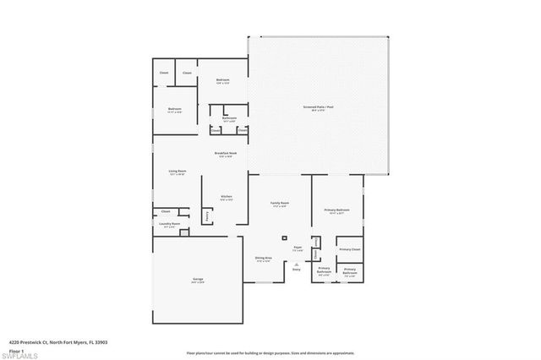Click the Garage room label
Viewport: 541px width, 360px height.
pos(197,280)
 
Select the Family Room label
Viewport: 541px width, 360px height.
pos(280,204)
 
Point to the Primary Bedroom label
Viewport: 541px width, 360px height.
pos(337,210)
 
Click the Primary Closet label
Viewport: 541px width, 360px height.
pos(349,249)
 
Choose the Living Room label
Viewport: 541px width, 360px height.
pos(177,171)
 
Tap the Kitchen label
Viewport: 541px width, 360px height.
pos(227,196)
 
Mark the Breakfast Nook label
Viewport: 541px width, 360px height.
pos(224,153)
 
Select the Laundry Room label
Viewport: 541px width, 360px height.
pos(170,224)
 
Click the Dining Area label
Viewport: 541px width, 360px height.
pos(263,258)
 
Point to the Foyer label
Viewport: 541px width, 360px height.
pos(298,248)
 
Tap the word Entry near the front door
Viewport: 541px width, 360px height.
pos(297,270)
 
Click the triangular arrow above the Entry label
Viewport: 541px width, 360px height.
pos(297,263)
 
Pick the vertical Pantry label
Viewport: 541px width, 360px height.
pos(207,215)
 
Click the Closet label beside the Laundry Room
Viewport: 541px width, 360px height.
pos(166,210)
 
